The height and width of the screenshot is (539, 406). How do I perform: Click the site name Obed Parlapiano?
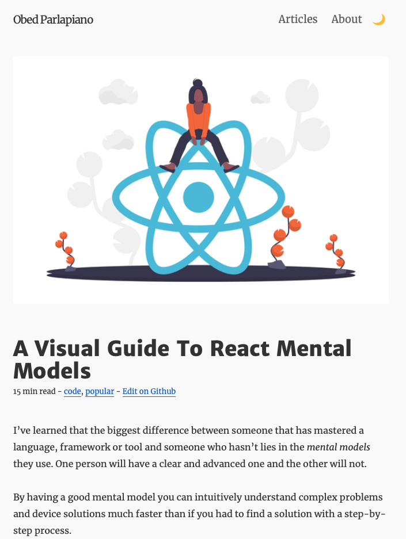click(53, 20)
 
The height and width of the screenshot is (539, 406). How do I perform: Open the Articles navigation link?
click(298, 20)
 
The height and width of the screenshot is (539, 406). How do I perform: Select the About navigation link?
click(346, 20)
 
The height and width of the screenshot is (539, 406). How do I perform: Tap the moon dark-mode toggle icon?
click(378, 20)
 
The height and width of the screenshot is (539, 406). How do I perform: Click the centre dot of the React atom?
click(198, 197)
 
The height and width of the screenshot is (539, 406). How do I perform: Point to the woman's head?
click(198, 92)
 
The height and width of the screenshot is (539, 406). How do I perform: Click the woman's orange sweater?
click(198, 118)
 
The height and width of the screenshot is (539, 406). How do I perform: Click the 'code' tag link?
click(73, 392)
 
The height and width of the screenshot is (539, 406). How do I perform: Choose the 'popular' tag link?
click(99, 392)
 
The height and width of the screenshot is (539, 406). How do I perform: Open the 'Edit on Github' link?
click(149, 392)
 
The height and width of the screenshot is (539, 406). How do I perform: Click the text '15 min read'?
click(34, 392)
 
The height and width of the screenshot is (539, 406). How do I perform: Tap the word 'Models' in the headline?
click(52, 371)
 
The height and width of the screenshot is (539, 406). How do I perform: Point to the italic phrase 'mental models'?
click(338, 447)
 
